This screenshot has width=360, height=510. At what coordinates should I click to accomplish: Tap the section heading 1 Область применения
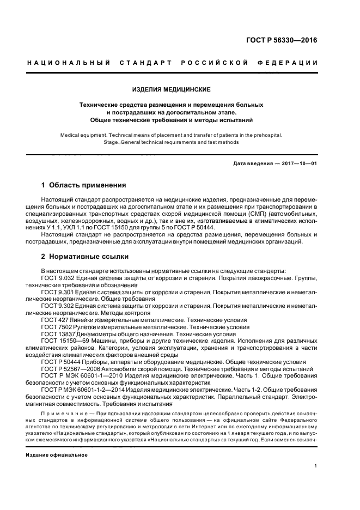pyautogui.click(x=84, y=185)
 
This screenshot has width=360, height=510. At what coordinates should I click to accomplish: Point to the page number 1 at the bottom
pyautogui.click(x=316, y=466)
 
